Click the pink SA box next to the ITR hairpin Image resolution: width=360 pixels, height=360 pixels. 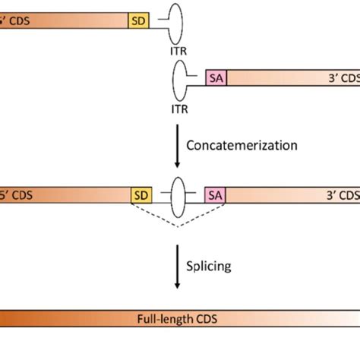point(216,77)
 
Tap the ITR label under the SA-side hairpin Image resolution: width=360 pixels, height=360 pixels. point(181,109)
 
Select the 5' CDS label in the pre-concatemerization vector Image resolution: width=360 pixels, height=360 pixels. point(15,21)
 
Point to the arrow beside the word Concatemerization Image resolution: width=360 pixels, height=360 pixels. point(178,146)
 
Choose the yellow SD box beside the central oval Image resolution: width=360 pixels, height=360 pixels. point(141,195)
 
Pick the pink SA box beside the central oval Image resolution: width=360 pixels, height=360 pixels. point(216,195)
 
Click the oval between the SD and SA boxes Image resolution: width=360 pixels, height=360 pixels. point(178,195)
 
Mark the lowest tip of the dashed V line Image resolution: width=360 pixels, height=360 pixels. point(178,226)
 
